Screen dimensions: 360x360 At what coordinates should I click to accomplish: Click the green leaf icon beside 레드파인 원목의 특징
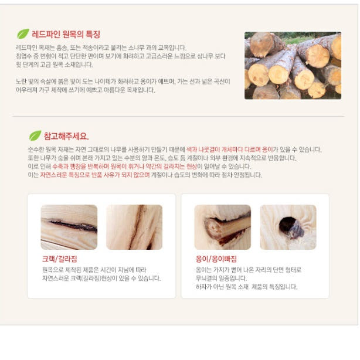pos(23,34)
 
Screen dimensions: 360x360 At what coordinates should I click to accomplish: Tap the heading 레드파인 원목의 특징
pos(66,35)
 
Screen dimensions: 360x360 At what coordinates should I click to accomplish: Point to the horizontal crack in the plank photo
pos(69,227)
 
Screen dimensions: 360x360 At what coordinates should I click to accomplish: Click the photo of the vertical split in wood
pos(134,227)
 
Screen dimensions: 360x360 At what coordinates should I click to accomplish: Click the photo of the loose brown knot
pos(222,227)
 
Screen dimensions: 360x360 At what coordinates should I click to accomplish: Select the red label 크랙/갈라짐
pos(58,259)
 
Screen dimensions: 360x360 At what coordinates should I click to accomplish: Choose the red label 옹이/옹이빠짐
pos(216,259)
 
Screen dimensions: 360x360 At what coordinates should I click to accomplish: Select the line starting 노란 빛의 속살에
pos(123,81)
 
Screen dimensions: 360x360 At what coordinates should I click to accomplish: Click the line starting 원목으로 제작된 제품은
pos(94,270)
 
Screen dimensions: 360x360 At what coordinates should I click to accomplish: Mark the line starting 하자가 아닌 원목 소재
pos(246,287)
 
